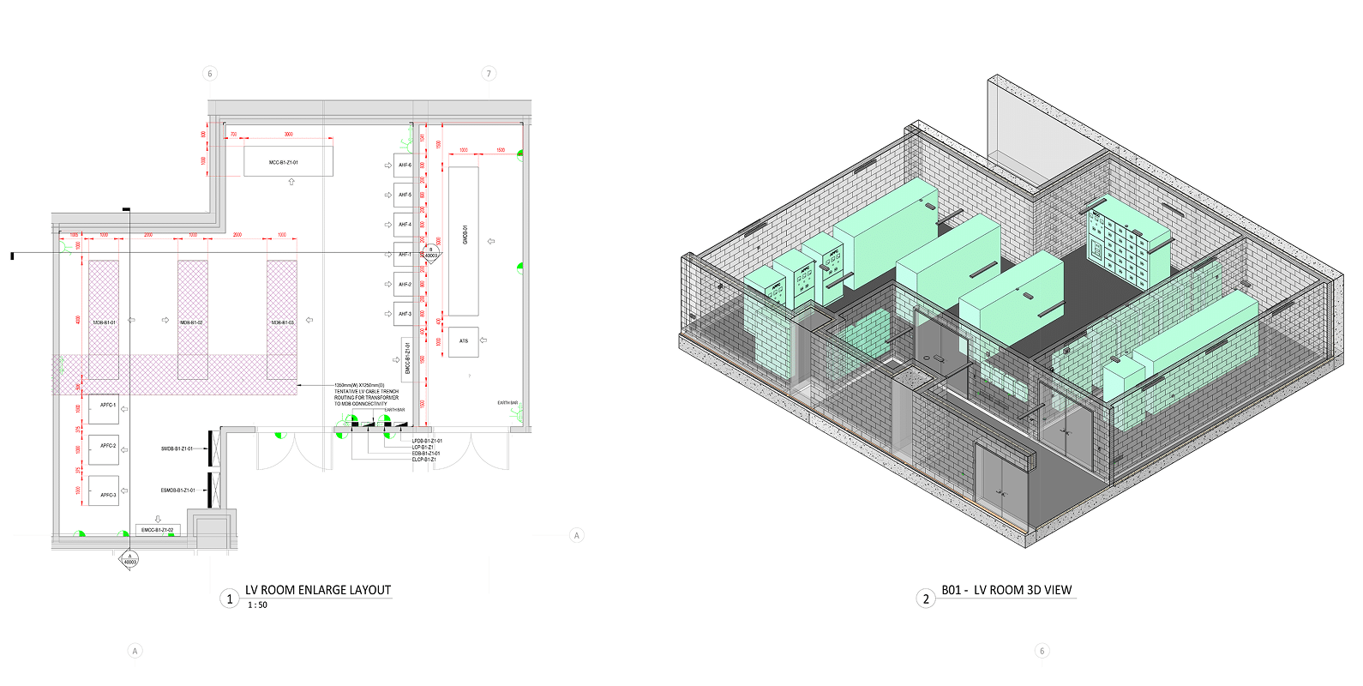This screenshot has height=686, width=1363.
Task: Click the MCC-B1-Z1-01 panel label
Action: click(284, 162)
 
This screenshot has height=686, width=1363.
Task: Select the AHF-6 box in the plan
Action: click(404, 165)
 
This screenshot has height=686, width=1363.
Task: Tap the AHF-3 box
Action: click(404, 314)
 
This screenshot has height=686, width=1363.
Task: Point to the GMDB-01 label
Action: click(465, 234)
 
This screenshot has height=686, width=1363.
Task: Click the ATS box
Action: click(464, 341)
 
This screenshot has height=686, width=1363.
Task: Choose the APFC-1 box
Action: click(104, 406)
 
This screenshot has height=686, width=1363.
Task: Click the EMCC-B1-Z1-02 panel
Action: click(158, 530)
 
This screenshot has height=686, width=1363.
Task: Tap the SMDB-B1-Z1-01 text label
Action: click(177, 448)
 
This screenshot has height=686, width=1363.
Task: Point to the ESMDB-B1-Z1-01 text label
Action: click(177, 490)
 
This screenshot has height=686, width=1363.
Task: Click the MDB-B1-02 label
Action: click(191, 322)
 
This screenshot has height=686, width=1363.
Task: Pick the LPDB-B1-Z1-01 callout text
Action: click(427, 441)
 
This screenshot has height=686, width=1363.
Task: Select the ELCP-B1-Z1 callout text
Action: click(423, 460)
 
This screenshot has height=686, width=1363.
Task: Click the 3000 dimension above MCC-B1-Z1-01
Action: click(289, 135)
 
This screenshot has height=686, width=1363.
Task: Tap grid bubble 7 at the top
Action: click(489, 74)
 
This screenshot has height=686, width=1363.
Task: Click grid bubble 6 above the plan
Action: click(210, 74)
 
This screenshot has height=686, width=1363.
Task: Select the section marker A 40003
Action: click(129, 559)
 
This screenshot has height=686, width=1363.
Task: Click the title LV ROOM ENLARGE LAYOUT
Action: click(318, 590)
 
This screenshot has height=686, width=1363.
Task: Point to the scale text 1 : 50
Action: click(257, 605)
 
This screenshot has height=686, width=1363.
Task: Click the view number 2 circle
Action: click(926, 599)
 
